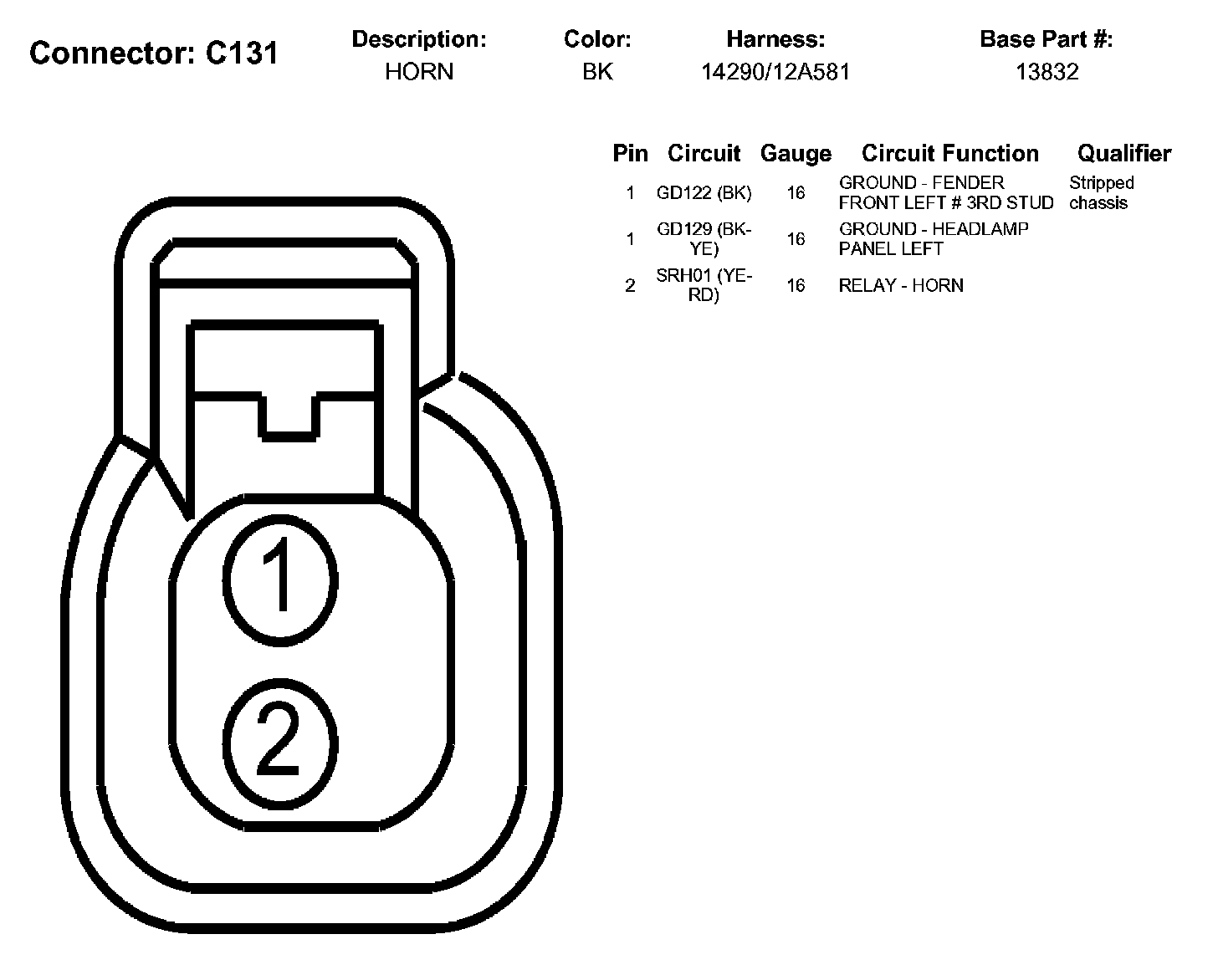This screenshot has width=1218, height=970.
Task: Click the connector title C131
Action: tap(154, 54)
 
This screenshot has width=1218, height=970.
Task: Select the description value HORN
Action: tap(419, 72)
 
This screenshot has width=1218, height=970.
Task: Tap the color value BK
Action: tap(597, 72)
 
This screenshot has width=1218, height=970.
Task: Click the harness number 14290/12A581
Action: tap(775, 72)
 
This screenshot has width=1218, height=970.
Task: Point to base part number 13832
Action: tap(1047, 72)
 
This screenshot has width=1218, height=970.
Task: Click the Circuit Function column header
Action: tap(949, 153)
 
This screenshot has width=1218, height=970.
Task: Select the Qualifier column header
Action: tap(1124, 153)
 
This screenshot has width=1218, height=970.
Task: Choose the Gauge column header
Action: tap(796, 153)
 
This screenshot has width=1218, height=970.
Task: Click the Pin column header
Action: tap(630, 153)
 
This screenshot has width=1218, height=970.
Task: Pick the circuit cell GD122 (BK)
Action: tap(704, 193)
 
